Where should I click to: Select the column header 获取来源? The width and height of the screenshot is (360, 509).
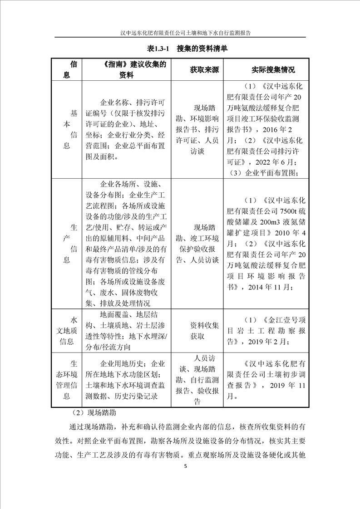204,70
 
